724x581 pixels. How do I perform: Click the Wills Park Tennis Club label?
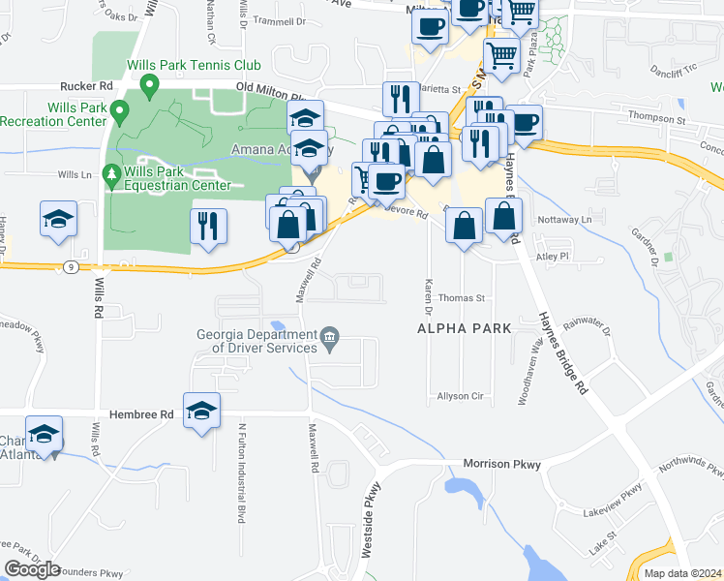[x=194, y=66]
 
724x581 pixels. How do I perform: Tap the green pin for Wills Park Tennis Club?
[x=149, y=87]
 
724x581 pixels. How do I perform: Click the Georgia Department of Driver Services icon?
[x=330, y=338]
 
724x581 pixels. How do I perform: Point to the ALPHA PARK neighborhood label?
[x=464, y=328]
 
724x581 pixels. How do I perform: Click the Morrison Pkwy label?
[x=501, y=464]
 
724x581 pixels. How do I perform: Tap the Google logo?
[x=32, y=569]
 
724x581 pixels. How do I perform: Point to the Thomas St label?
[x=461, y=299]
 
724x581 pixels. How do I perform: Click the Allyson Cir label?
[x=459, y=397]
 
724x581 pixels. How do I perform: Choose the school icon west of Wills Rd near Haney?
[x=58, y=219]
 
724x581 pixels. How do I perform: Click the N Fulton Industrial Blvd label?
[x=241, y=472]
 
